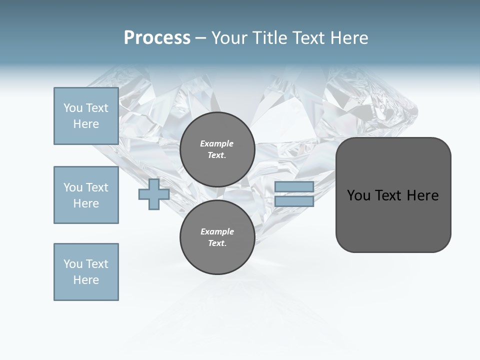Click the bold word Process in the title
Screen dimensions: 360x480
(x=157, y=38)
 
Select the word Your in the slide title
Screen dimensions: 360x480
(x=229, y=38)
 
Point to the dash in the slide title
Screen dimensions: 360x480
(x=200, y=38)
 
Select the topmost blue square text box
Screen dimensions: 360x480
(x=86, y=116)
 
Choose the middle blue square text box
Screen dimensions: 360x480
(x=86, y=195)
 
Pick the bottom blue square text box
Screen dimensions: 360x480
(x=86, y=272)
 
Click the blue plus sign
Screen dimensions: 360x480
(x=154, y=194)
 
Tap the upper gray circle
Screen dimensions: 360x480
(x=217, y=149)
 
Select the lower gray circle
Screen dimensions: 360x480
(x=217, y=237)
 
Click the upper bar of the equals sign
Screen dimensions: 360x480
(x=294, y=186)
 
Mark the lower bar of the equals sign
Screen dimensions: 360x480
(x=294, y=201)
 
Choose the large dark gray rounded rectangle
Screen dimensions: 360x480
(x=393, y=195)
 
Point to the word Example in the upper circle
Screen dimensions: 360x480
(x=216, y=143)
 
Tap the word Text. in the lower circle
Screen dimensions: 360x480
(x=217, y=243)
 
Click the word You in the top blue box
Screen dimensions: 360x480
(x=72, y=108)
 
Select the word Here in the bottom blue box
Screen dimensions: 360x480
(x=86, y=280)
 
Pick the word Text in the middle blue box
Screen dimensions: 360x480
(x=96, y=187)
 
